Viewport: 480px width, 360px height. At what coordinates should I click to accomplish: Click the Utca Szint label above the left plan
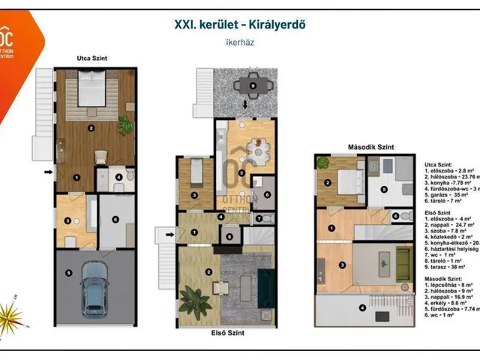[x=90, y=58]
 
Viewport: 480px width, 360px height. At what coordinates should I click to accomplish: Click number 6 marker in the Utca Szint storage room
[x=116, y=219]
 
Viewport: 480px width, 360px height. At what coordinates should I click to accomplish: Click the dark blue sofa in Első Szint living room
[x=266, y=284]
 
